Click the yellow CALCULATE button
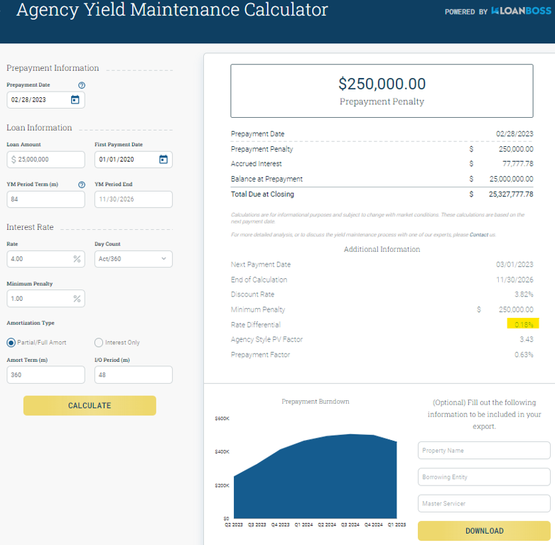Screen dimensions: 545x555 pyautogui.click(x=90, y=405)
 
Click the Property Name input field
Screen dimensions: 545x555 pyautogui.click(x=483, y=451)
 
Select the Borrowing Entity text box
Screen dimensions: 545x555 pyautogui.click(x=483, y=477)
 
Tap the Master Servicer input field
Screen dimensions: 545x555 pyautogui.click(x=483, y=504)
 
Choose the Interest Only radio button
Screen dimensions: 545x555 pyautogui.click(x=99, y=343)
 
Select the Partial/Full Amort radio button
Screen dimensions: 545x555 pyautogui.click(x=11, y=343)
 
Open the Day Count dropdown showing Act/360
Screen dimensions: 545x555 pyautogui.click(x=133, y=259)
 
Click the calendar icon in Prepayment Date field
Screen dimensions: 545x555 pyautogui.click(x=75, y=100)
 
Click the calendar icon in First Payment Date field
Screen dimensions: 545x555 pyautogui.click(x=163, y=160)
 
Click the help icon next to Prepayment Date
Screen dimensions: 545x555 pyautogui.click(x=82, y=85)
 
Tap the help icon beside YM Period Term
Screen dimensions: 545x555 pyautogui.click(x=82, y=185)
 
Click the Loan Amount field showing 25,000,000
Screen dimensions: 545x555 pyautogui.click(x=45, y=160)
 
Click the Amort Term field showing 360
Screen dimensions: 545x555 pyautogui.click(x=45, y=375)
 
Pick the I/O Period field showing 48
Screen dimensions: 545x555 pyautogui.click(x=133, y=375)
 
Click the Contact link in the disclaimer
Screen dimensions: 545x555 pyautogui.click(x=478, y=234)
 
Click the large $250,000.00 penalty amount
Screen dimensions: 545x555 pyautogui.click(x=382, y=84)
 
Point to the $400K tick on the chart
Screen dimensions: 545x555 pyautogui.click(x=222, y=451)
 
